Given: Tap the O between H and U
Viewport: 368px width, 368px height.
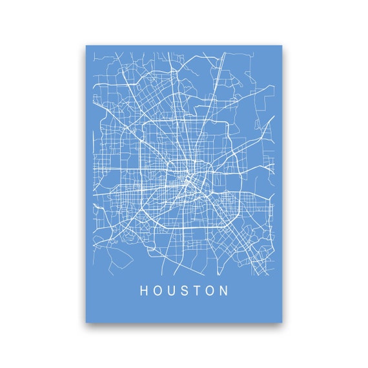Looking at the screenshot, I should [159, 291].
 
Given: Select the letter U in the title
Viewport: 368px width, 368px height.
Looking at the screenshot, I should [173, 291].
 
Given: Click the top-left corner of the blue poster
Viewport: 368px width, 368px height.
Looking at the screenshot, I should [87, 45].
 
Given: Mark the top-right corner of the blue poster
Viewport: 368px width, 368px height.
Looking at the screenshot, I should [282, 45].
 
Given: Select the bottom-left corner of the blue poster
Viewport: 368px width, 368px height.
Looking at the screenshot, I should [87, 322].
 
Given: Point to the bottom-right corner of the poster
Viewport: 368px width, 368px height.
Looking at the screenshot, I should [282, 322].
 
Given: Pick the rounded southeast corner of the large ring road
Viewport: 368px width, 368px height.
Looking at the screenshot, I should [236, 223].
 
